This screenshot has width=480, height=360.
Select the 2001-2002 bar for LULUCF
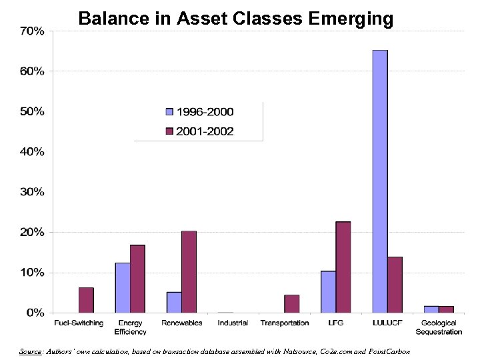tap(395, 285)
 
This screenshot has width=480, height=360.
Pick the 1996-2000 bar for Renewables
tap(174, 302)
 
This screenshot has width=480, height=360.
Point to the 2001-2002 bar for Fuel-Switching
tap(86, 300)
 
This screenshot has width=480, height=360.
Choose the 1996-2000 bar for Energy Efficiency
tap(123, 287)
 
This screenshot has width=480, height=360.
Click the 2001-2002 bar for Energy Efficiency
tap(137, 279)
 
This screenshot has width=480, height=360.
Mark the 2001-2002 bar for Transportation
tap(292, 303)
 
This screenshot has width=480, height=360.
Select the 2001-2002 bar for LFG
tap(343, 267)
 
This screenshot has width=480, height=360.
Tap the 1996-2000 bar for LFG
tap(328, 291)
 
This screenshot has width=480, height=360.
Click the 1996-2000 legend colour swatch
tap(170, 112)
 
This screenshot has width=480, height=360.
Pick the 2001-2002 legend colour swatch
tap(170, 131)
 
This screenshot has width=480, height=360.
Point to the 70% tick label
tap(32, 31)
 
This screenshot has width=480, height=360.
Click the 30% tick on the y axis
tap(32, 192)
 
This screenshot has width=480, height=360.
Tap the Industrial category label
tap(233, 323)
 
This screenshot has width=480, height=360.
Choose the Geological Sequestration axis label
tap(438, 327)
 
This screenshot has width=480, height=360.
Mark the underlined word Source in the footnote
tap(31, 351)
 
